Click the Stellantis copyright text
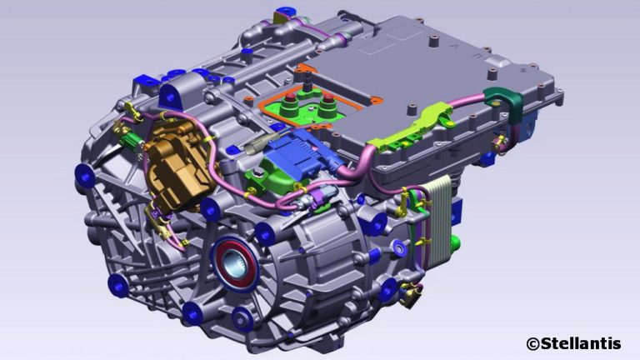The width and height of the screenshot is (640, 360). (573, 343)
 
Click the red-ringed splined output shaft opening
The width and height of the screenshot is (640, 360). (234, 263)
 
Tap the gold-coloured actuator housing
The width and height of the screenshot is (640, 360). (180, 165)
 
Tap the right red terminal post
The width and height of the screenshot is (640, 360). (328, 98)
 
